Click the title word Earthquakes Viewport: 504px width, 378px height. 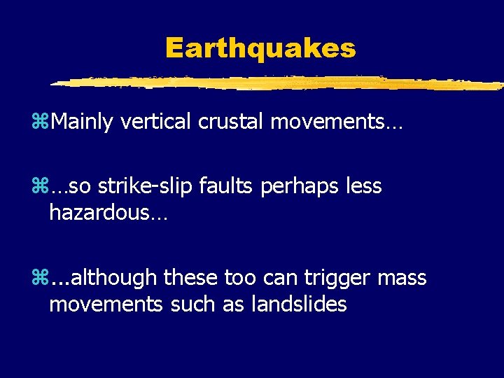260,49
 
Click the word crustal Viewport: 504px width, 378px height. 232,122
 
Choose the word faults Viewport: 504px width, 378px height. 223,186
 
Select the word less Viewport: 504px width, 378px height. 363,186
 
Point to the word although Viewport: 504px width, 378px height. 113,278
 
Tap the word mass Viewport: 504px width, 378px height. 402,279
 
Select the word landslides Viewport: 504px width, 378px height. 297,304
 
